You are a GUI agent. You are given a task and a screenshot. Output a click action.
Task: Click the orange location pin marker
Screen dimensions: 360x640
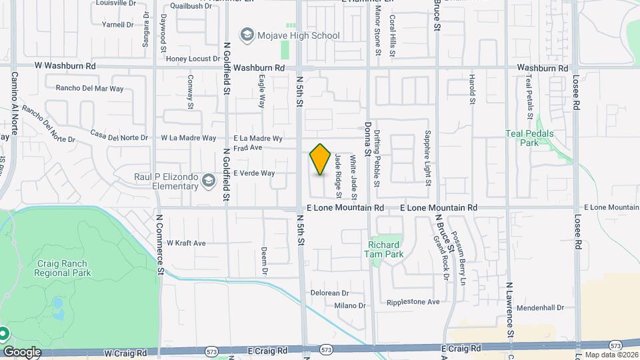coord(321,159)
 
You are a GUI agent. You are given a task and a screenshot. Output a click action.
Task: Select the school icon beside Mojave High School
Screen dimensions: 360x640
coord(247,35)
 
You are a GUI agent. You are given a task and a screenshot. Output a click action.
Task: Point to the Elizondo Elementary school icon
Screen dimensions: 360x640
coord(209,181)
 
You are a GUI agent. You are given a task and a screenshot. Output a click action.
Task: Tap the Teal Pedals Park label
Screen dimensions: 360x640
coord(531,137)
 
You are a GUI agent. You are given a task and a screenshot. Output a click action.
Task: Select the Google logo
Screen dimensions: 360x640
coord(22,351)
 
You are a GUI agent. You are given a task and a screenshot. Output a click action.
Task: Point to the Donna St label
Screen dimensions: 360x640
coord(367,135)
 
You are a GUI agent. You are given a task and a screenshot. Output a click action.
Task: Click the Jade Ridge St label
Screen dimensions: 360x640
coord(338,176)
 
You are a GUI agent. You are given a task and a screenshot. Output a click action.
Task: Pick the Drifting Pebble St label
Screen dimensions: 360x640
coord(377,158)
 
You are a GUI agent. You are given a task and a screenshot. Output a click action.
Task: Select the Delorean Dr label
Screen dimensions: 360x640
coord(330,293)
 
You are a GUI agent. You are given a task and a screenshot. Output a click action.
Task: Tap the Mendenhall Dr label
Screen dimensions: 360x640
coord(540,308)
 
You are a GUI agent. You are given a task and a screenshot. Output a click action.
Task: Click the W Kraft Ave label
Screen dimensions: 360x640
coord(186,243)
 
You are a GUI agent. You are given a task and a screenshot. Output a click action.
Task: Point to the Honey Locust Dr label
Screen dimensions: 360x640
coord(193,59)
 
